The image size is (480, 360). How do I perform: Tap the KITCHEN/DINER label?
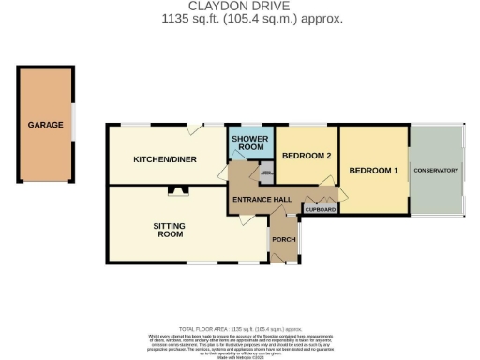click(165, 159)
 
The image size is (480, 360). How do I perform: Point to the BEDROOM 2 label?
click(306, 156)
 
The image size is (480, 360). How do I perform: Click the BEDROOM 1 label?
click(374, 171)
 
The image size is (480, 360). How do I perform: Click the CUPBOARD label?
click(321, 210)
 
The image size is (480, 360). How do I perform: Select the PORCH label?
click(283, 239)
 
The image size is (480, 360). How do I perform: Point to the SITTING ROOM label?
click(169, 230)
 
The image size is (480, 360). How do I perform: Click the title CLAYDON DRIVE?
click(239, 6)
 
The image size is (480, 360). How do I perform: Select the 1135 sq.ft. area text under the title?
click(239, 18)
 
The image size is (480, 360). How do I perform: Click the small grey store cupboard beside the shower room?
click(266, 173)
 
